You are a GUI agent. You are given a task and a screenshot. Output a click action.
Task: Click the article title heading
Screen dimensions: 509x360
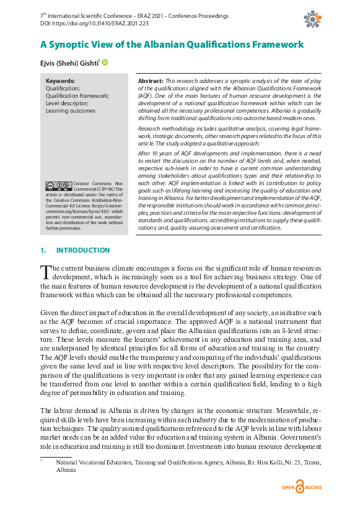(172, 45)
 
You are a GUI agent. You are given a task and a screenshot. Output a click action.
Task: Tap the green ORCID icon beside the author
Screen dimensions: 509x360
(105, 62)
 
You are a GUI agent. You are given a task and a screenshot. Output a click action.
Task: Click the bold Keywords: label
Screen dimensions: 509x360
(60, 81)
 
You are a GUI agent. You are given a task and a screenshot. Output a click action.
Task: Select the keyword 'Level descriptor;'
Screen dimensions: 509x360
(67, 103)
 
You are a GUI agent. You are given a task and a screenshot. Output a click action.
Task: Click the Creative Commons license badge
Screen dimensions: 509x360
(58, 185)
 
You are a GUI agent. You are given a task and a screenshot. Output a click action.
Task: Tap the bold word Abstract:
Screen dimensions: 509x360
(151, 81)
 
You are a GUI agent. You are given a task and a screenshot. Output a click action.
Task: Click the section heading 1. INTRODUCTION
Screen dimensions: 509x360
(75, 250)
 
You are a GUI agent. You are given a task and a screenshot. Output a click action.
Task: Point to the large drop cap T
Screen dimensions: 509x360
(45, 273)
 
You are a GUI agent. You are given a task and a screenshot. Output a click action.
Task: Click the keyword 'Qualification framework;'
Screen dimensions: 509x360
(77, 96)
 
